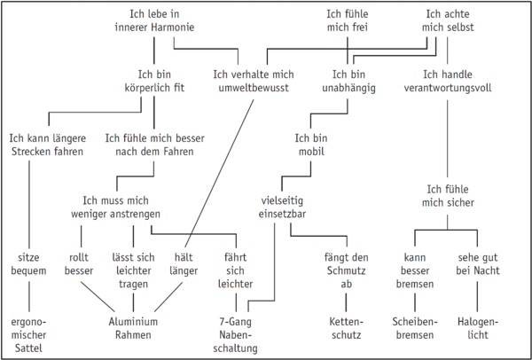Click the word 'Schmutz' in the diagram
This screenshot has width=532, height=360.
point(340,271)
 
